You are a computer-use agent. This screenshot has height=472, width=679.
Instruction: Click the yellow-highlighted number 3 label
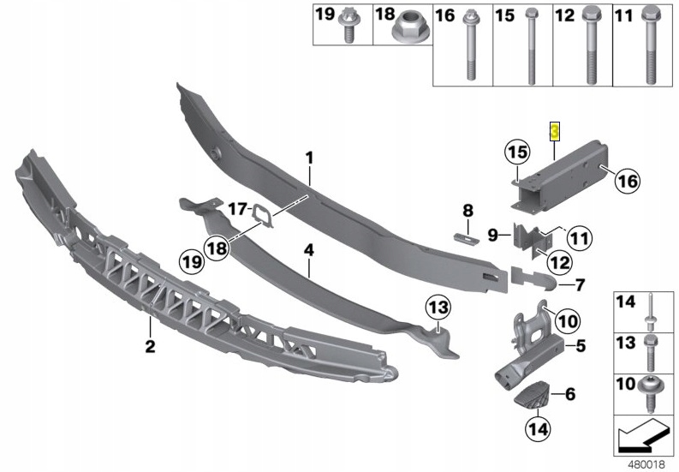point(555,131)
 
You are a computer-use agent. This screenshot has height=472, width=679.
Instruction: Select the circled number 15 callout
point(514,152)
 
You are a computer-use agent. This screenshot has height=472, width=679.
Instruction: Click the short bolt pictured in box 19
point(350,27)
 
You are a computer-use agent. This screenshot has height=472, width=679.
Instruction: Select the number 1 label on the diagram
point(310,158)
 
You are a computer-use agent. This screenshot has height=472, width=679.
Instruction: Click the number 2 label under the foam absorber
point(149,347)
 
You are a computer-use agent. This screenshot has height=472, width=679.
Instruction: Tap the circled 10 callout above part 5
point(545,320)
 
